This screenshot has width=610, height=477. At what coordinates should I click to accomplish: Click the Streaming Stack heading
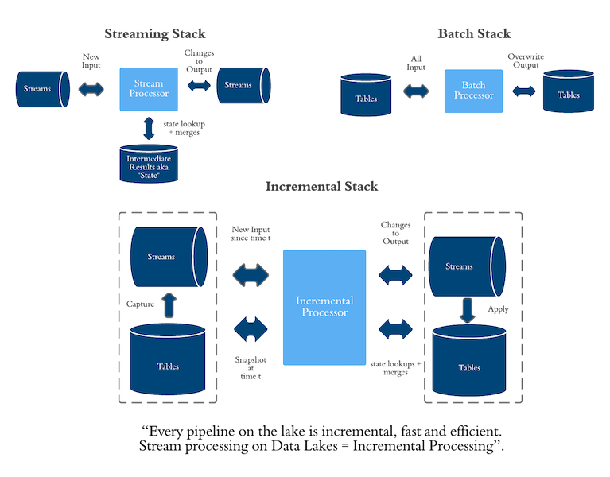154,34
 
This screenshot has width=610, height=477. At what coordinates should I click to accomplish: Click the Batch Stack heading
474,34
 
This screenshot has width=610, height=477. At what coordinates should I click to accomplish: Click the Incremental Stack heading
321,187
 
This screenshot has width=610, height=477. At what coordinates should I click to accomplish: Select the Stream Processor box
149,88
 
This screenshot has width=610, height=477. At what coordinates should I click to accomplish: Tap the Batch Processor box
473,90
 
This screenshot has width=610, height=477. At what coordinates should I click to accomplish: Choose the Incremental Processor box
324,307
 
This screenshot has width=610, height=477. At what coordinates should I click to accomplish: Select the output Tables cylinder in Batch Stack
569,94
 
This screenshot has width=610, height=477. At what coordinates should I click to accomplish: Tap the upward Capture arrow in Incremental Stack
169,304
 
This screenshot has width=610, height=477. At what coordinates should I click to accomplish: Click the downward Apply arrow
468,310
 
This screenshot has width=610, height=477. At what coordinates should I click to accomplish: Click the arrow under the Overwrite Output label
523,93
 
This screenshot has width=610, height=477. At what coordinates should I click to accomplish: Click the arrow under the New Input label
92,90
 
